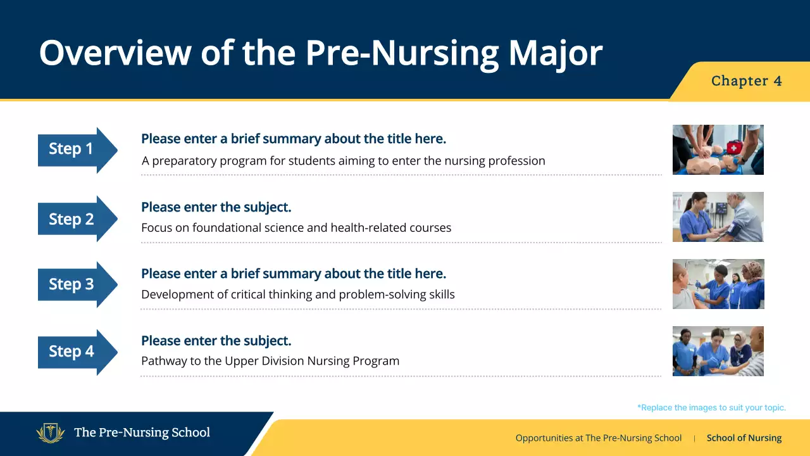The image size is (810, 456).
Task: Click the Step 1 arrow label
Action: click(x=72, y=149)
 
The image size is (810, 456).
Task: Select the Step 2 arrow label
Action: click(x=72, y=219)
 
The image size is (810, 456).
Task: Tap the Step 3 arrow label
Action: click(x=72, y=284)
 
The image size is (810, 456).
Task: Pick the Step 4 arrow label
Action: click(x=72, y=351)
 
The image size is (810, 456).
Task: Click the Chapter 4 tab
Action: click(x=746, y=81)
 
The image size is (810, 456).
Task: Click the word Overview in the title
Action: click(x=114, y=53)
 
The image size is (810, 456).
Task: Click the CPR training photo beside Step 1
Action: click(x=718, y=149)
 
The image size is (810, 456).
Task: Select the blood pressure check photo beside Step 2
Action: click(x=718, y=217)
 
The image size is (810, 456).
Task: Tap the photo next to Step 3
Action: click(x=718, y=284)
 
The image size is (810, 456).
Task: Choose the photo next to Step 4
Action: click(x=718, y=351)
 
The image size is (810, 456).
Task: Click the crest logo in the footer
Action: click(x=51, y=433)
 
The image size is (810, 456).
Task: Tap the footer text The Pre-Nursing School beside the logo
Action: click(x=142, y=433)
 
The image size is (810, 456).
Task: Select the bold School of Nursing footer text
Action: click(x=744, y=438)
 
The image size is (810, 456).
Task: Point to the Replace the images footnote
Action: click(x=711, y=408)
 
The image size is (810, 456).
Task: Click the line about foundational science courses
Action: click(x=296, y=228)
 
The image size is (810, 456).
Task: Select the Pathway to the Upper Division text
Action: click(x=270, y=362)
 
